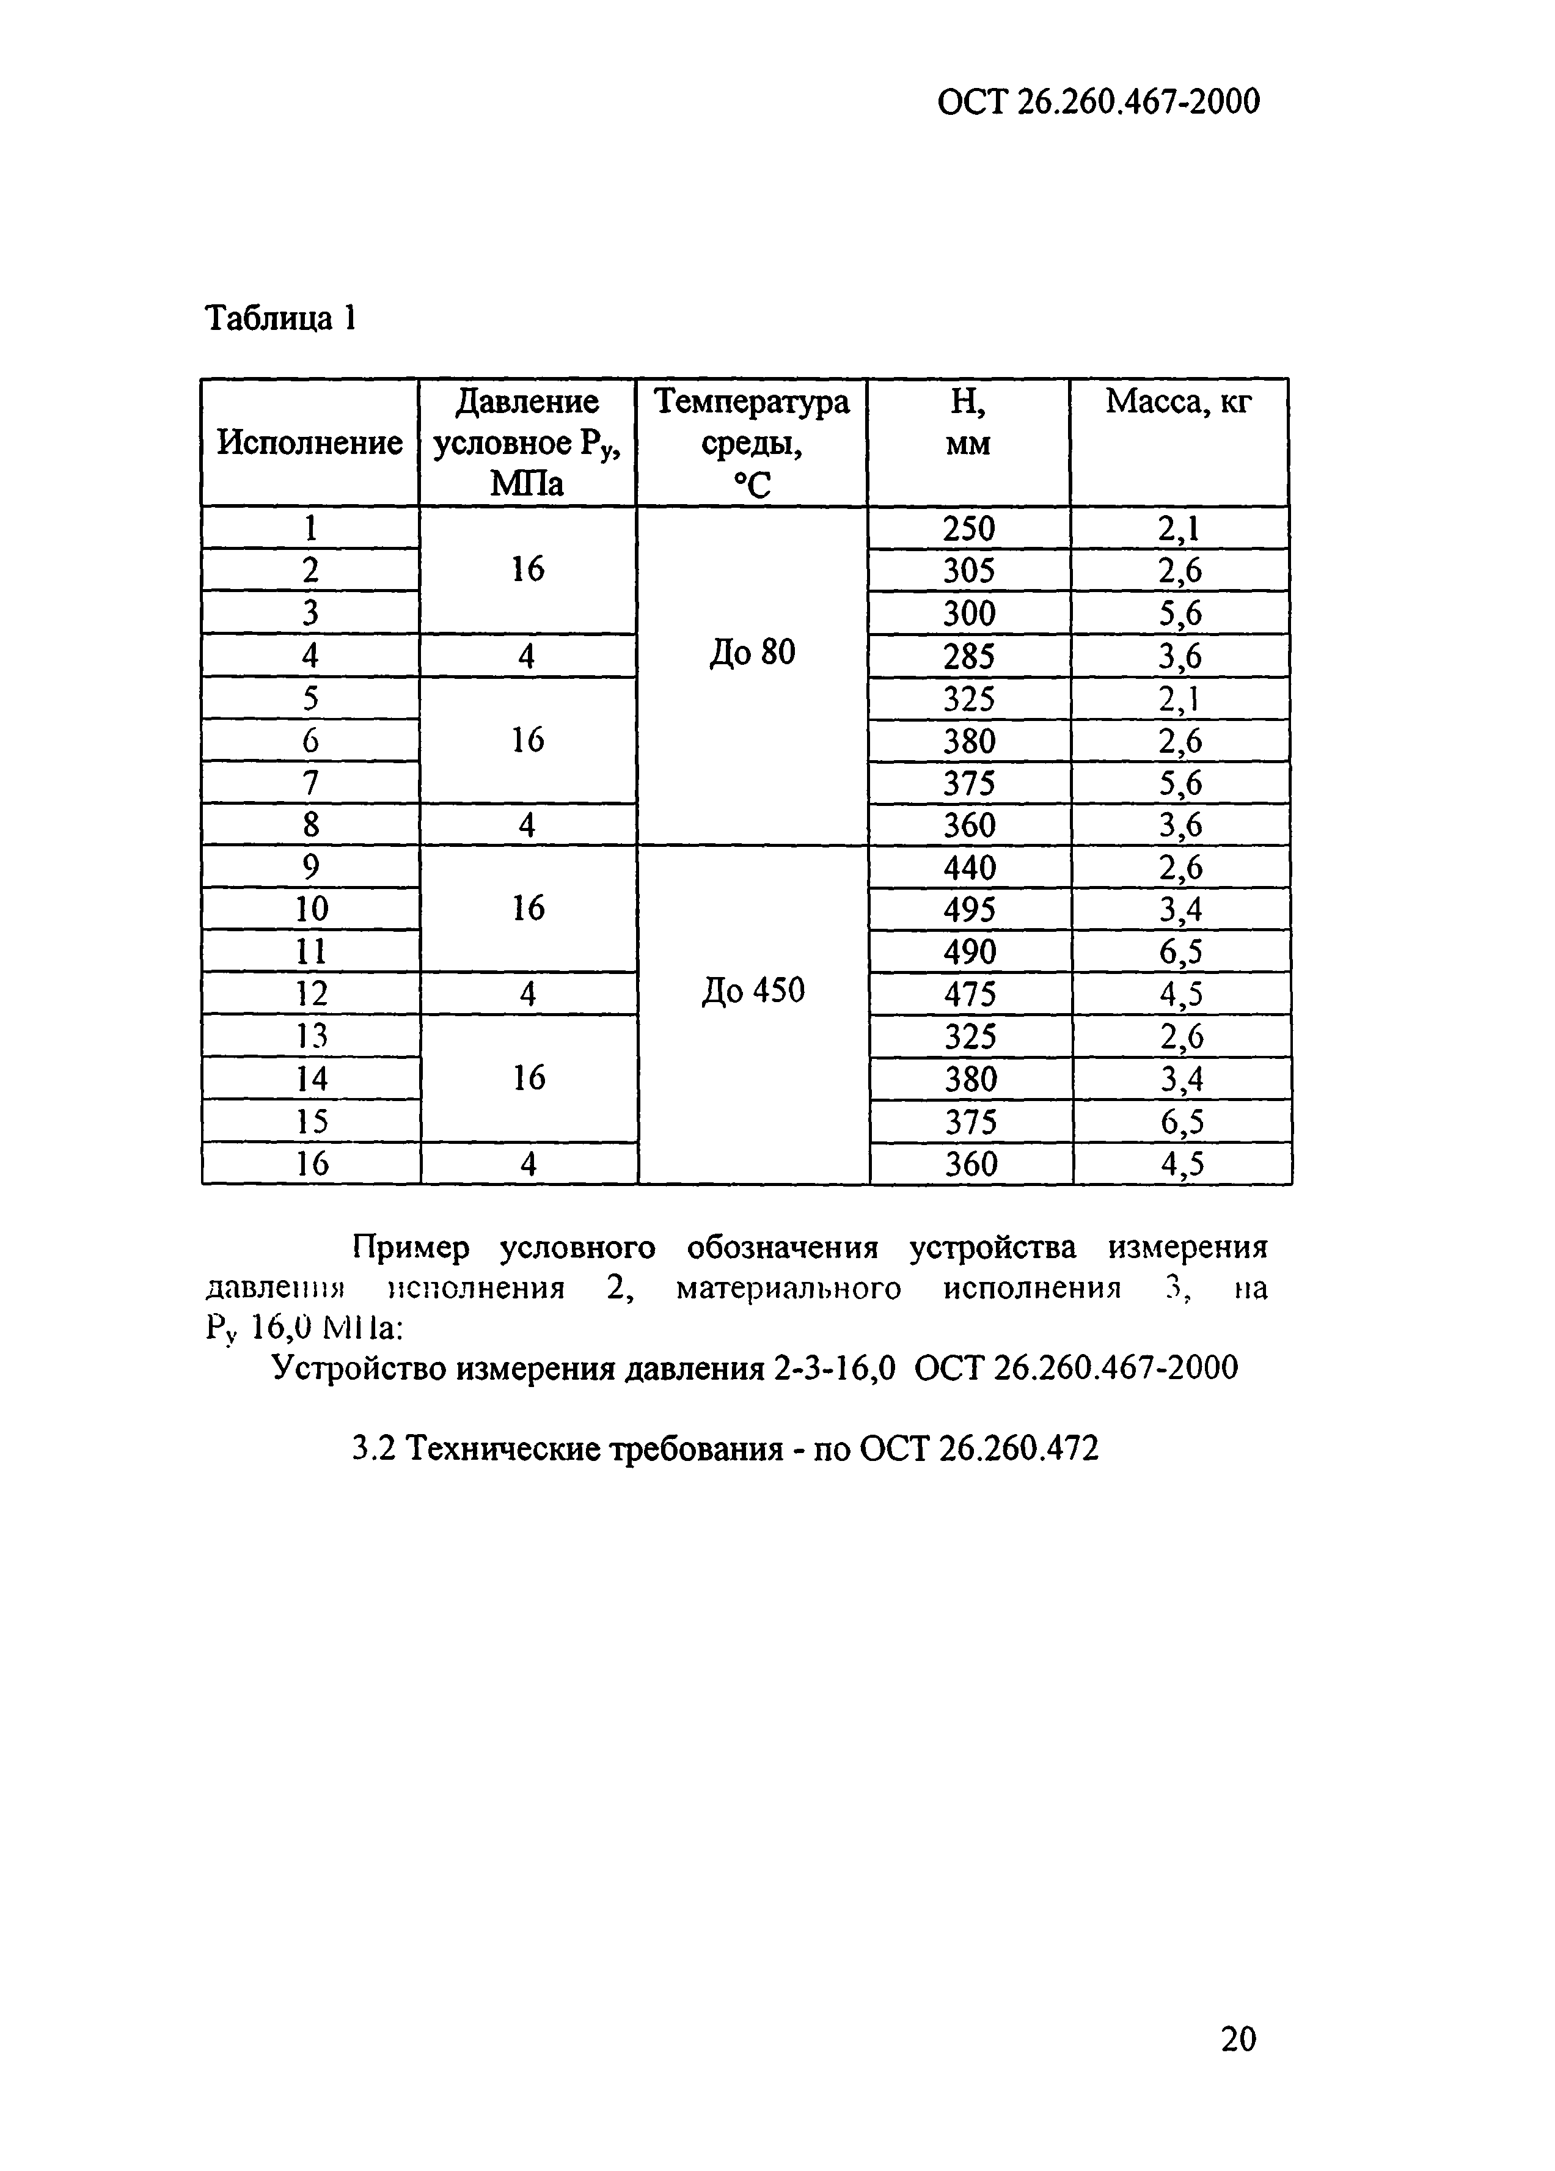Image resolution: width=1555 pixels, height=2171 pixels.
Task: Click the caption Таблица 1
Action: tap(281, 318)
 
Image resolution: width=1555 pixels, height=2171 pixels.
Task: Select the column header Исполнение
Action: tap(309, 443)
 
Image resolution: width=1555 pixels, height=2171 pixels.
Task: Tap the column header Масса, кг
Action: tap(1178, 402)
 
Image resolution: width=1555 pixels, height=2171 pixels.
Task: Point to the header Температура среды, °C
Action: tap(751, 443)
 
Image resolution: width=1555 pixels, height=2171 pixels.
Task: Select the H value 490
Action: tap(970, 951)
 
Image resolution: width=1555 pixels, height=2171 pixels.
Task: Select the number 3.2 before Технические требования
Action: tap(372, 1449)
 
